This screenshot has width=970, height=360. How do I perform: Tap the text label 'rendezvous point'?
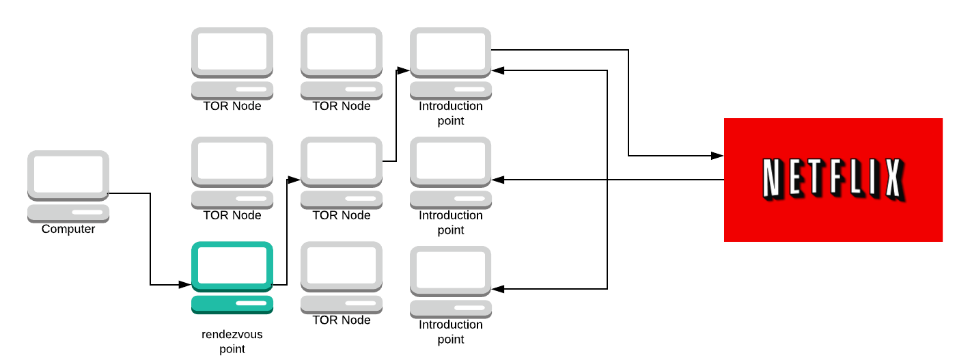coord(232,342)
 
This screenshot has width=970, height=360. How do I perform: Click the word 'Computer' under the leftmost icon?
coord(68,230)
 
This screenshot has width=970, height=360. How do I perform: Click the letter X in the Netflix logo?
coord(891,180)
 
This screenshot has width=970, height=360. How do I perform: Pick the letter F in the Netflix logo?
coord(831,180)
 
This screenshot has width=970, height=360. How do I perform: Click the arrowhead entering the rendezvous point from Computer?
coord(185,283)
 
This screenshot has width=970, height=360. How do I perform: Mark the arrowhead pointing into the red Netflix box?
coord(718,156)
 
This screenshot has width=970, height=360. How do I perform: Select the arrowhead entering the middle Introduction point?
coord(498,180)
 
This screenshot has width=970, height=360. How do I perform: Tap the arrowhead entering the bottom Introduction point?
coord(498,289)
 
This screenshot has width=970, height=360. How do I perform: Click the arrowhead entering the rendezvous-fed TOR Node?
coord(294,180)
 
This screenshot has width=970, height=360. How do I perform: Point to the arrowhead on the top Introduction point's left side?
coord(404,70)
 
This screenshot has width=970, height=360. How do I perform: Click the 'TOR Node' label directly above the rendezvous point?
coord(232,215)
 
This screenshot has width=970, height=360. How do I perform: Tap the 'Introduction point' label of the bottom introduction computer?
coord(451,332)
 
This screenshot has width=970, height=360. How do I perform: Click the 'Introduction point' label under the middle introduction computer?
coord(451,223)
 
